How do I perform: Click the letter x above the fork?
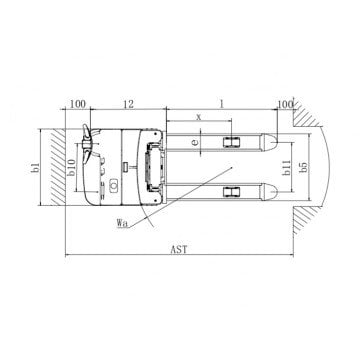(x=199, y=117)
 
